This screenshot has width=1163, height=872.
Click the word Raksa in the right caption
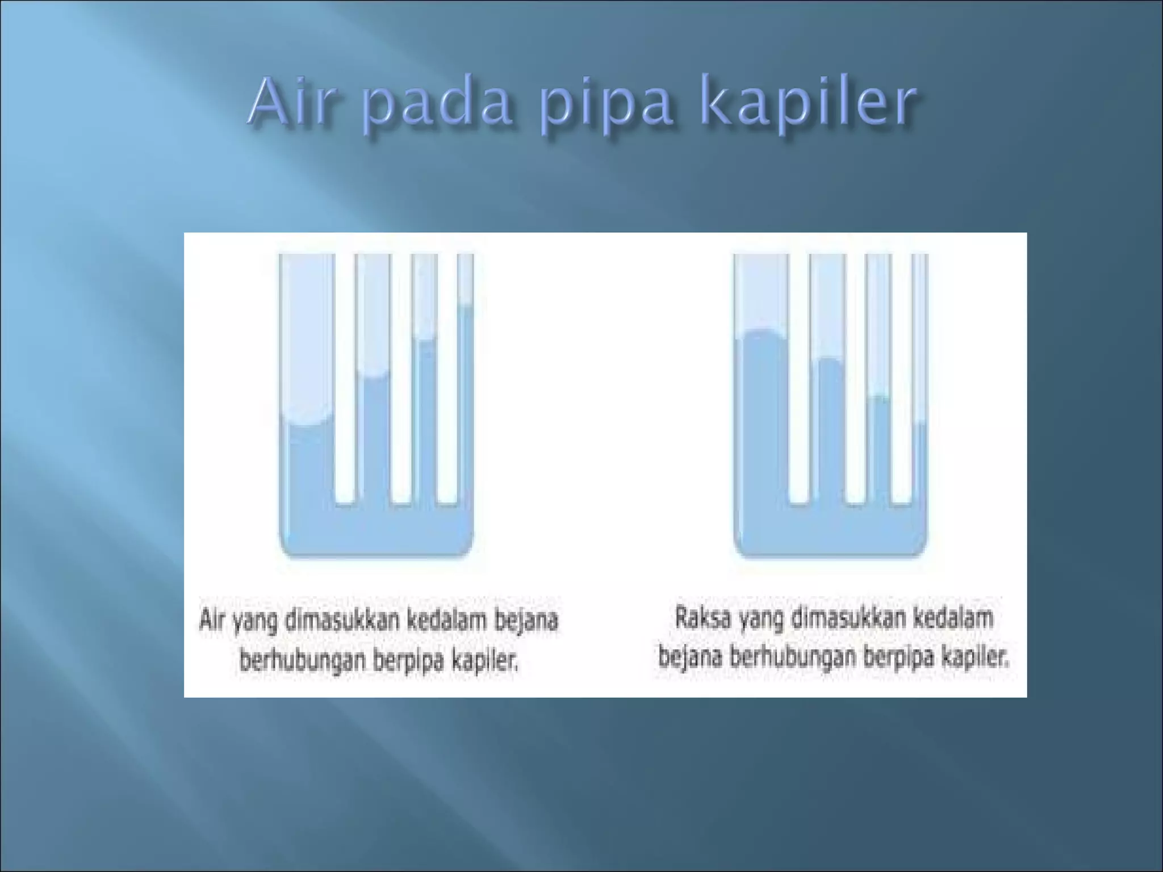(702, 618)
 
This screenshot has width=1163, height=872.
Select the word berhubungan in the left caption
(301, 660)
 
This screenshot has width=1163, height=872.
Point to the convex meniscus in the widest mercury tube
(761, 332)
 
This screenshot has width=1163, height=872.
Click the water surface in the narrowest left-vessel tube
(466, 307)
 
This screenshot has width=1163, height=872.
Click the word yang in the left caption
(253, 621)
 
